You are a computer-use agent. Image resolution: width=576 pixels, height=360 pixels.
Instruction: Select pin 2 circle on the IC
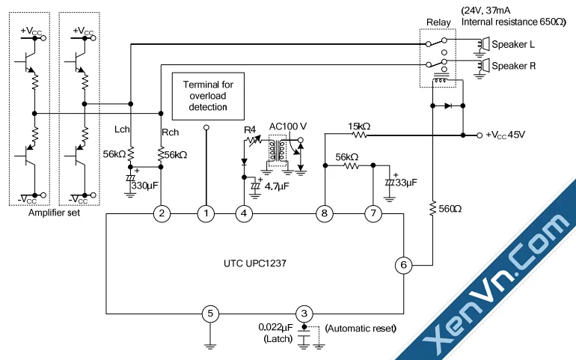tap(161, 214)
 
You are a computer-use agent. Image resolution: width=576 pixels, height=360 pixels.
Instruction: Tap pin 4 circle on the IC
tap(244, 214)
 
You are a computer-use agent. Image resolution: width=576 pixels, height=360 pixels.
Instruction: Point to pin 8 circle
tap(325, 214)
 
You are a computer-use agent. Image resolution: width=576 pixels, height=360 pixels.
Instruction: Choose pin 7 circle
tap(373, 214)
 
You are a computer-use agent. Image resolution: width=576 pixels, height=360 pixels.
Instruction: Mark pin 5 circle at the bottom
tap(211, 314)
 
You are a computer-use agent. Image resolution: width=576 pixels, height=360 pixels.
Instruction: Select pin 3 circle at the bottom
tap(304, 314)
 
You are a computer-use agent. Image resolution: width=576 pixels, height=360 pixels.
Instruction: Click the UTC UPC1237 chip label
tap(254, 264)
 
